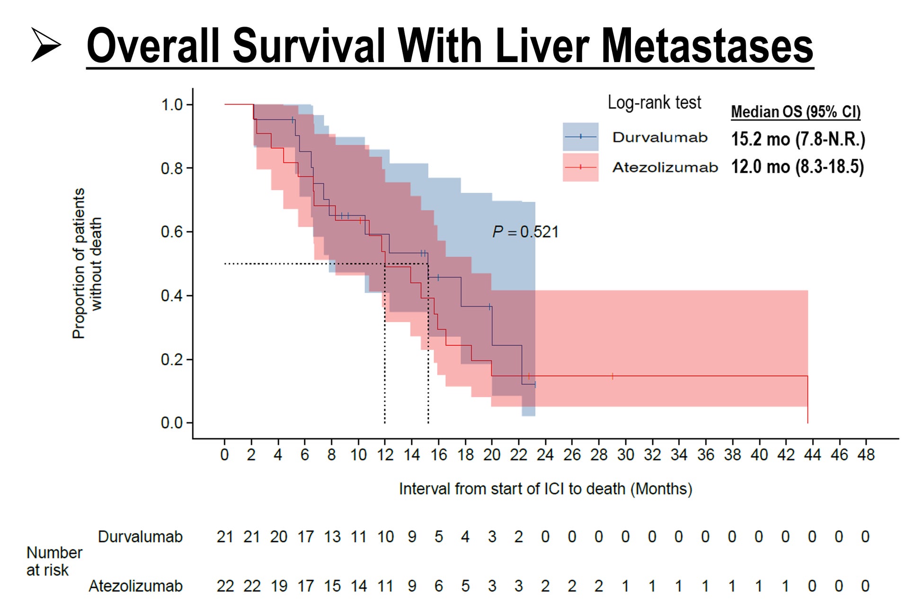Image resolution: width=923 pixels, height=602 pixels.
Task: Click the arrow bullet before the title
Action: coord(46,45)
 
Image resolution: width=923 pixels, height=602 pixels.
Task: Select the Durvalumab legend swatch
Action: coord(580,137)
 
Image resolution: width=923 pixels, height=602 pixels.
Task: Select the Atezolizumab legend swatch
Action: coord(580,167)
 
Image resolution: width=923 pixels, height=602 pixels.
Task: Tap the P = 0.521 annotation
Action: coord(525,232)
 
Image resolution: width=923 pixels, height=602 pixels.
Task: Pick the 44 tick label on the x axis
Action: coord(812,455)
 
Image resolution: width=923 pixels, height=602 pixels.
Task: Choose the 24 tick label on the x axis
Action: coord(545,455)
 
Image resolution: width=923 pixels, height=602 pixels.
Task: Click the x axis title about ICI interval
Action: coord(545,489)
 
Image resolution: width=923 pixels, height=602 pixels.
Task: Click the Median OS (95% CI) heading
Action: coord(796,112)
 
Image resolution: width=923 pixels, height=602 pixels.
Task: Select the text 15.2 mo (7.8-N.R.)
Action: coord(798,139)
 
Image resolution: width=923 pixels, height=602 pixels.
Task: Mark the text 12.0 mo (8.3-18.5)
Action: coord(798,167)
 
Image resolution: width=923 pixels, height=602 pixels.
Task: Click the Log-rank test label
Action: coord(654,102)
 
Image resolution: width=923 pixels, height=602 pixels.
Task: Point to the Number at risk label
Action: coord(53,561)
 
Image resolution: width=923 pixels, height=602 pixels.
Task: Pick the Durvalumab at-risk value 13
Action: coord(332,537)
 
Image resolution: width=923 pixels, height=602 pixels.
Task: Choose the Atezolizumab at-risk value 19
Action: coord(279,586)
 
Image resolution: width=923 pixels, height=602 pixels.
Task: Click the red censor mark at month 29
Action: coord(612,376)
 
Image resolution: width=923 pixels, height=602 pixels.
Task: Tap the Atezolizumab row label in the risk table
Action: coord(135,586)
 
